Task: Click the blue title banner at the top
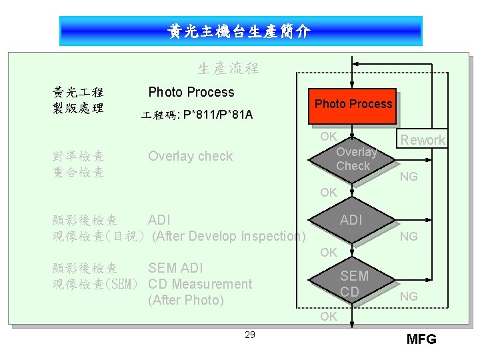tap(240, 31)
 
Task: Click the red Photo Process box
tap(353, 104)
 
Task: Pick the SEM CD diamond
tap(353, 283)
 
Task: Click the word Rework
tap(423, 140)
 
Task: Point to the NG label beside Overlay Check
tap(409, 177)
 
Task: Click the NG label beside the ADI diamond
tap(409, 237)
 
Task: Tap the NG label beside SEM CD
tap(409, 296)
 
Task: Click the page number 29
tap(250, 335)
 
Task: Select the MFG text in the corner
tap(421, 339)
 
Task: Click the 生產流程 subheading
tap(228, 68)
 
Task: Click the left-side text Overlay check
tap(190, 156)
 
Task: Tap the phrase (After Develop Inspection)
tap(229, 236)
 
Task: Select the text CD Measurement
tap(200, 284)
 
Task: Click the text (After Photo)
tap(186, 300)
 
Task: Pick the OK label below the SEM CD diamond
tap(328, 317)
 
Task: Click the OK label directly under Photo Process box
tap(328, 137)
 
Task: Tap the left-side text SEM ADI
tap(175, 268)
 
